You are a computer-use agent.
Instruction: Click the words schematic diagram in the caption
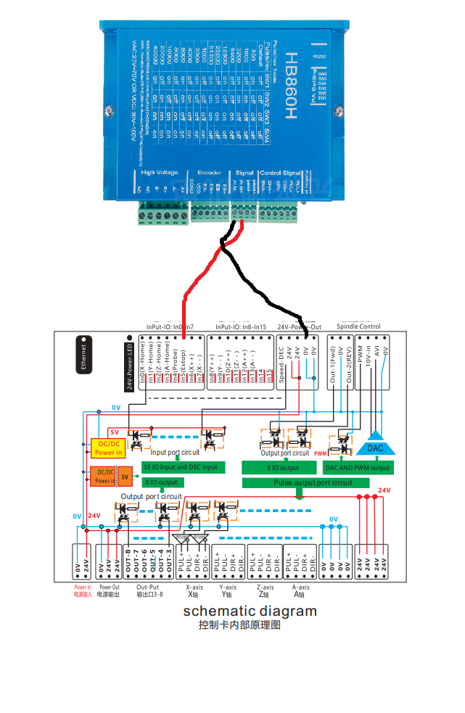(250, 611)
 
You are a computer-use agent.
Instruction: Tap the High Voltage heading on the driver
(158, 173)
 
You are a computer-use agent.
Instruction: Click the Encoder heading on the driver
(210, 173)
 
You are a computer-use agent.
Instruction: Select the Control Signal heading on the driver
(281, 173)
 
